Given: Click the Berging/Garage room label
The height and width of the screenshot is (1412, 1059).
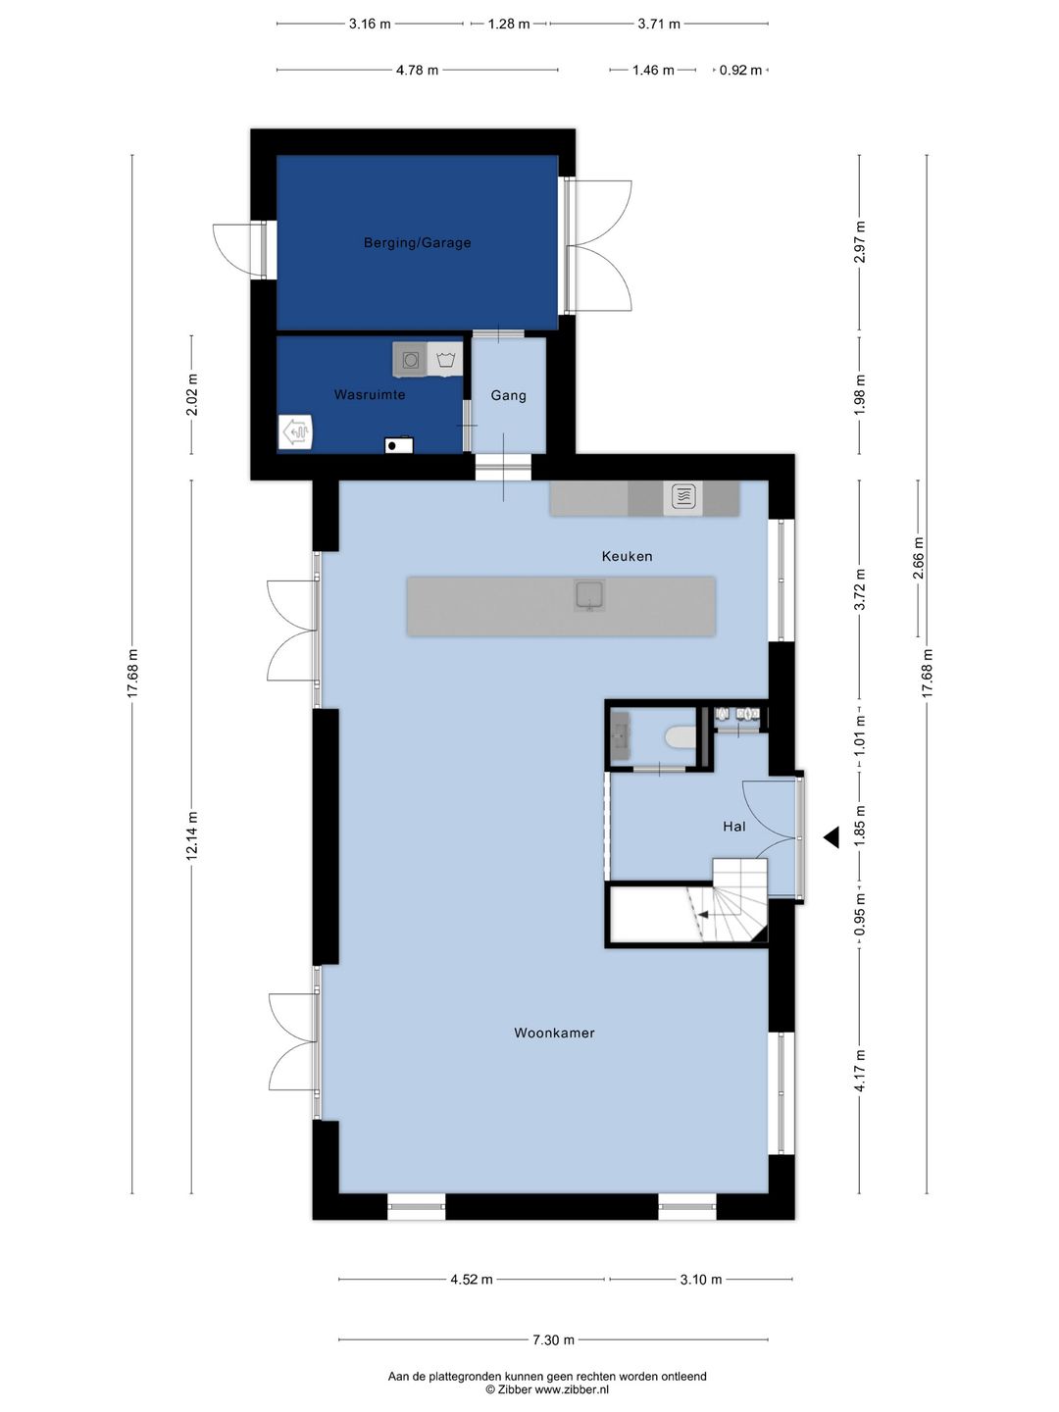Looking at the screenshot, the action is tap(418, 242).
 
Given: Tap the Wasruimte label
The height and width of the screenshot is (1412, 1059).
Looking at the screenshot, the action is tap(370, 394).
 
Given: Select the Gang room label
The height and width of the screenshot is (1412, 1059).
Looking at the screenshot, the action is tap(509, 395).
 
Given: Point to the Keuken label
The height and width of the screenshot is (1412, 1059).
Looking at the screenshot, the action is tap(627, 556).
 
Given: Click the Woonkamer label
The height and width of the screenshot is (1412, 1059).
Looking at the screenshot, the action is tap(554, 1033).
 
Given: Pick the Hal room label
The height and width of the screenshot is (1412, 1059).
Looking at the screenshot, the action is tap(734, 826).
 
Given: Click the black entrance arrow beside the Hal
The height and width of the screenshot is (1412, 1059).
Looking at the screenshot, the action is tap(832, 837).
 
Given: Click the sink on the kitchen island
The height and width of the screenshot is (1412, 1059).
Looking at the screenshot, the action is tap(589, 595).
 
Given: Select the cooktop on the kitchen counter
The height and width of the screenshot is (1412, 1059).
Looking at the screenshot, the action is tap(683, 496).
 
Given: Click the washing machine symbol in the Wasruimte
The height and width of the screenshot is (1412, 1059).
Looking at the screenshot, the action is tap(410, 360).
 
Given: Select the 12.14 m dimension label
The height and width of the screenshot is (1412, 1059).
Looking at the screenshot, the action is tap(191, 835).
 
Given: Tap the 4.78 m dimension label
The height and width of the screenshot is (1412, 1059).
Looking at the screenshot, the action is tap(418, 71).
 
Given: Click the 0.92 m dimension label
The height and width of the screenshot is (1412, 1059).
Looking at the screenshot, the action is tap(740, 71).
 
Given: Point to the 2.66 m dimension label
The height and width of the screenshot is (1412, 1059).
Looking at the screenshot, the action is tap(918, 558).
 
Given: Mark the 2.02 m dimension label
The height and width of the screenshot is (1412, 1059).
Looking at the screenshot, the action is tap(191, 395).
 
